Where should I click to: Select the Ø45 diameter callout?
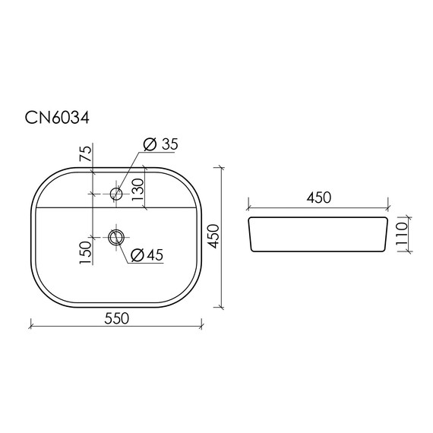[x=147, y=255]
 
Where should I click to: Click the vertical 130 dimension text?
[x=137, y=188]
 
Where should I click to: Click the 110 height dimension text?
[x=403, y=237]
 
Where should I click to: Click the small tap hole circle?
[x=116, y=194]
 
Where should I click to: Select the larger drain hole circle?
[x=116, y=238]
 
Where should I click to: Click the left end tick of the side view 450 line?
[x=249, y=206]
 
